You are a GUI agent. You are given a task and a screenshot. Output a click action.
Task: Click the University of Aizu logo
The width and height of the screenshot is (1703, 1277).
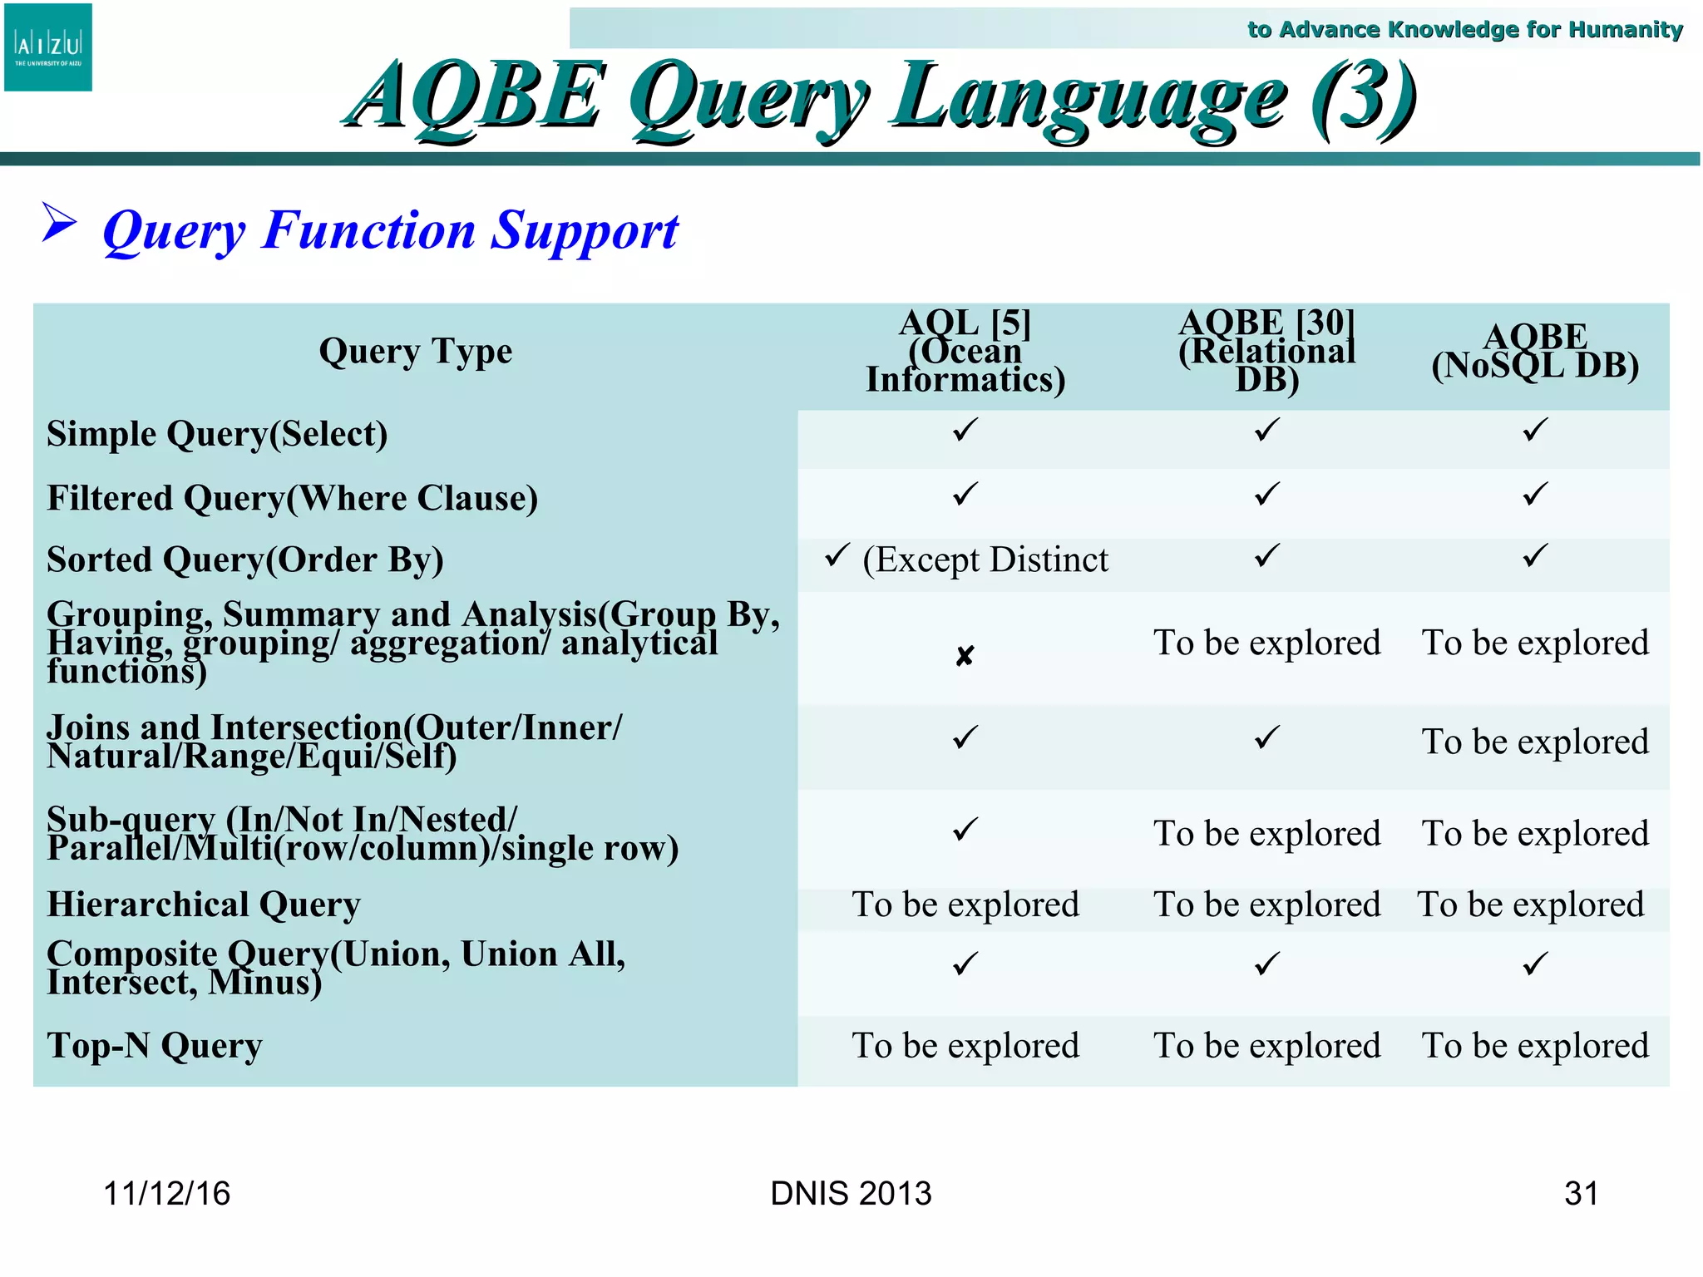(x=48, y=47)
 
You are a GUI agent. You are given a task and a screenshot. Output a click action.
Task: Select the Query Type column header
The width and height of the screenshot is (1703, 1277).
(x=415, y=352)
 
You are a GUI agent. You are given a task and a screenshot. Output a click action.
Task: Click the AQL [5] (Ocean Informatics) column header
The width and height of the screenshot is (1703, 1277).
(x=965, y=352)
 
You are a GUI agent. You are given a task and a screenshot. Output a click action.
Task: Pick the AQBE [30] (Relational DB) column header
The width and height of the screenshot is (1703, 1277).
(x=1266, y=352)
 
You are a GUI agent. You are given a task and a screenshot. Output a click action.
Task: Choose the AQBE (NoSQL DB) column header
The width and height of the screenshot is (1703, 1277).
(x=1535, y=352)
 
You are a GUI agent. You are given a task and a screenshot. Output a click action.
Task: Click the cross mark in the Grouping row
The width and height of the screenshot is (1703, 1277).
(x=964, y=657)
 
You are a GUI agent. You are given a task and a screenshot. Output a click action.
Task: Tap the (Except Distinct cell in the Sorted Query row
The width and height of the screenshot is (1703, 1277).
(x=985, y=560)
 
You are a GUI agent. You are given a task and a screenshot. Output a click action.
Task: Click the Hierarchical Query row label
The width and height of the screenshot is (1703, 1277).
(x=204, y=905)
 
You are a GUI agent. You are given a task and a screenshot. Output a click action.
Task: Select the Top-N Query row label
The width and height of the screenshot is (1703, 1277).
(x=155, y=1046)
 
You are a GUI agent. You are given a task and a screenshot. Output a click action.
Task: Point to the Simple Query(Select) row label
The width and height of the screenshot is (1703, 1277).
(x=217, y=434)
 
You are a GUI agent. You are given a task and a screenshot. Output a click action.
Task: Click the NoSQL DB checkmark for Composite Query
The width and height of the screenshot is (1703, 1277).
(x=1535, y=964)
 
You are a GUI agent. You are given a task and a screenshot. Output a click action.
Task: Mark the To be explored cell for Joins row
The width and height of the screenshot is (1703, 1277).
(x=1535, y=742)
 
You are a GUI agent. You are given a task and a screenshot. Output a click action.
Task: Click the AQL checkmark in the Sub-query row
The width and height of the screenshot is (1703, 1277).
(x=965, y=830)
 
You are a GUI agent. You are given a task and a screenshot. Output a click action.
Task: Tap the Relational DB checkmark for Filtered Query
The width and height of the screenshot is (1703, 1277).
(x=1266, y=495)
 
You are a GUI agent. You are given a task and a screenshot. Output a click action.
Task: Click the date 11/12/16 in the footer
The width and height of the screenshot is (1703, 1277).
(x=166, y=1194)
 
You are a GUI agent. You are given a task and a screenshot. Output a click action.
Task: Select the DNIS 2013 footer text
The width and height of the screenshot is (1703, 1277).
(x=851, y=1194)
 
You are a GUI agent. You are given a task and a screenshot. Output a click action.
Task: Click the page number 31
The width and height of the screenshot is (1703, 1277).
(x=1581, y=1194)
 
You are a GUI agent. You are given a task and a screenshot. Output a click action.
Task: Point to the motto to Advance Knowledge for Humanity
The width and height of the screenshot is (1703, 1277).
(x=1464, y=30)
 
